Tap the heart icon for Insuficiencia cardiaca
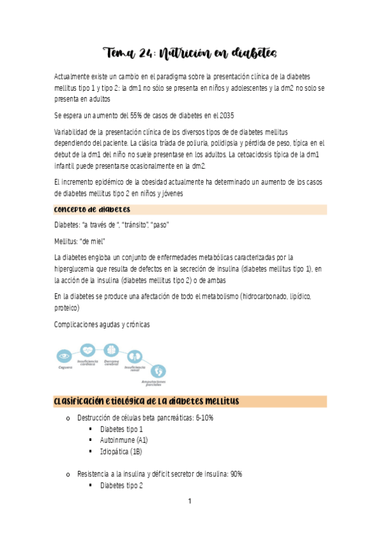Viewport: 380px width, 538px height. click(x=88, y=350)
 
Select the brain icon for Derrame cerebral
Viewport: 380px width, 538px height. click(x=111, y=350)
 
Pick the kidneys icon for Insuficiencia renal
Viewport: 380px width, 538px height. click(x=134, y=357)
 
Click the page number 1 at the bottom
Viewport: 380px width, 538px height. click(x=190, y=501)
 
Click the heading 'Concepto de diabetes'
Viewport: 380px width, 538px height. click(x=93, y=210)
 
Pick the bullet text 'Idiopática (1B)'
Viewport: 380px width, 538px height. click(x=121, y=452)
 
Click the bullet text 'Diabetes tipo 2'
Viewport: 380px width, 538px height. click(x=121, y=486)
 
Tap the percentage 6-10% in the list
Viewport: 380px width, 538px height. click(x=219, y=418)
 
